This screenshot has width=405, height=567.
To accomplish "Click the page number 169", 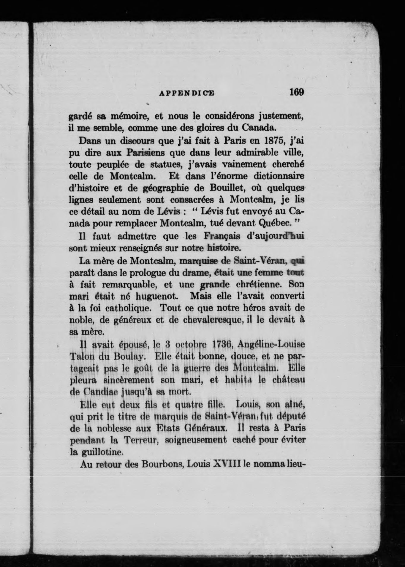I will click(296, 92).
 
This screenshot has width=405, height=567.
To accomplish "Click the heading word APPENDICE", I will click(187, 93).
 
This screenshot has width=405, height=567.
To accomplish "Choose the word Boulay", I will click(129, 357).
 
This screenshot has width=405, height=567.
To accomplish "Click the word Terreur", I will click(140, 440).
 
